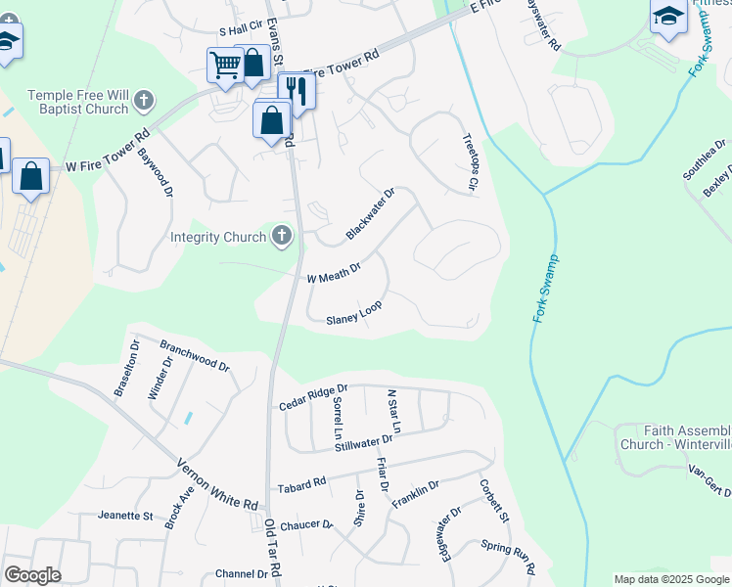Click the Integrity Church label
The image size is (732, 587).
(218, 237)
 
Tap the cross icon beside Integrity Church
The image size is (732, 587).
(282, 236)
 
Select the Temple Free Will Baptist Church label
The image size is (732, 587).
(78, 102)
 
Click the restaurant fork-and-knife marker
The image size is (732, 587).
(297, 90)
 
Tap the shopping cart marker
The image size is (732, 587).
(225, 66)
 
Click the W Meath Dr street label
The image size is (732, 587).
(334, 271)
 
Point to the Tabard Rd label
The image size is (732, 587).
(301, 484)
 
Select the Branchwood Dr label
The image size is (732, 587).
(194, 355)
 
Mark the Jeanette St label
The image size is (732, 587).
(125, 515)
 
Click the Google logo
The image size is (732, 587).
(32, 574)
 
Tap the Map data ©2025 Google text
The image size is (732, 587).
(671, 579)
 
